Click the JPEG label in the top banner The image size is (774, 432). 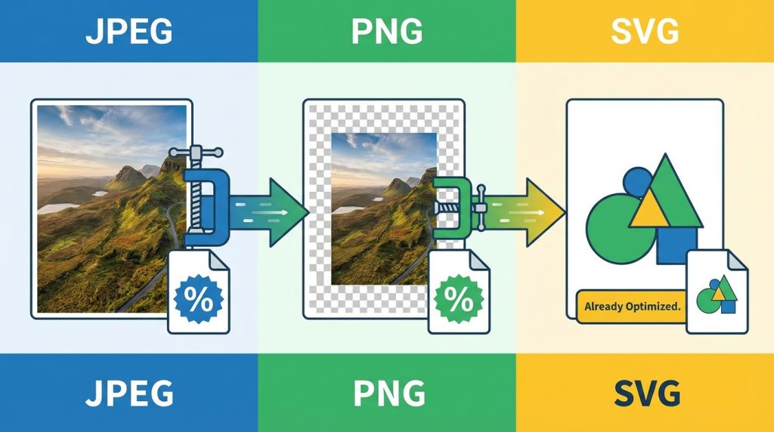coord(128,31)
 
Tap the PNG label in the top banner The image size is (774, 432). coord(386,31)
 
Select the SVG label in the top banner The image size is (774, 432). coord(645,31)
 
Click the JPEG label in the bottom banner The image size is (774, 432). coord(128,393)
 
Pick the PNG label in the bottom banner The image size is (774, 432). coord(386,393)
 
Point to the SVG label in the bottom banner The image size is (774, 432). coord(645,393)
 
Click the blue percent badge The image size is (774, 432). coord(198,300)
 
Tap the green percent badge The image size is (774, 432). coord(458,300)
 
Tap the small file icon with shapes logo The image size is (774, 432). coord(717,291)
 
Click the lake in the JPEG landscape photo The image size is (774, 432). coord(60,207)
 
